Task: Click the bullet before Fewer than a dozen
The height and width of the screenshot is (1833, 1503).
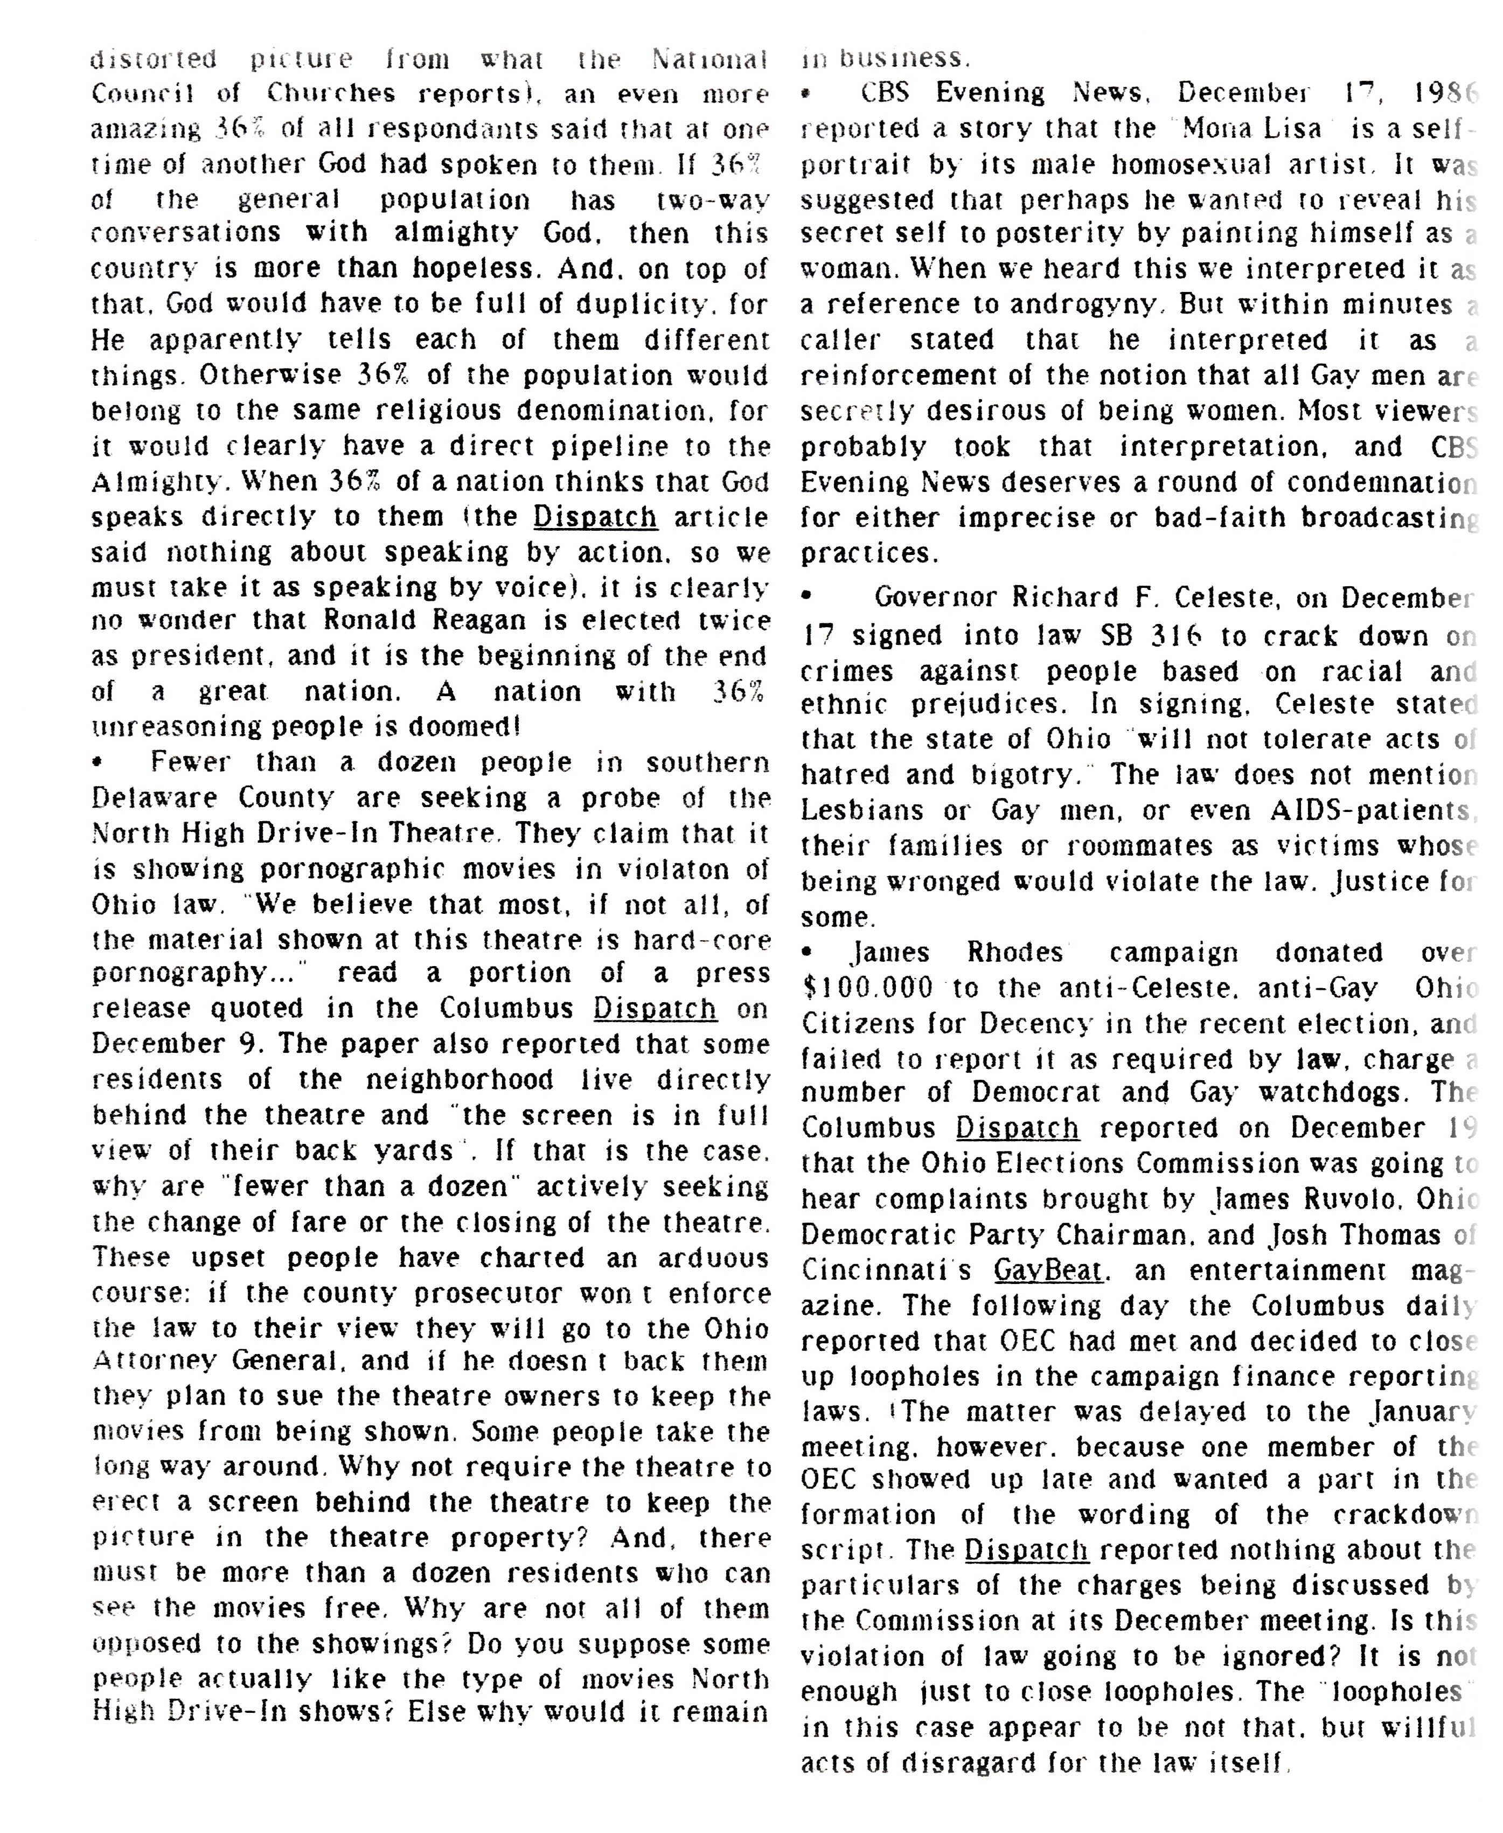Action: point(98,763)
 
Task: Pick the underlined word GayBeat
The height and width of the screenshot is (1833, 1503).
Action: point(1048,1270)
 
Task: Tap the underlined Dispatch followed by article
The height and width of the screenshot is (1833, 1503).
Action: point(596,517)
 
